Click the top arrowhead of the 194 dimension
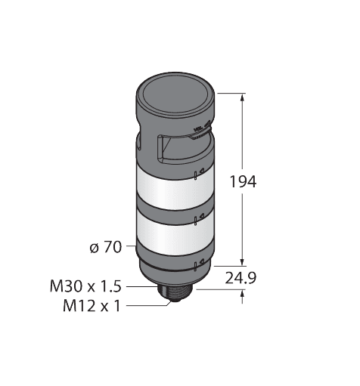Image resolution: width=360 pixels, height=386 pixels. tap(242, 97)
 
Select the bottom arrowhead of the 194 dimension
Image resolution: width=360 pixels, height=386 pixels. tap(242, 263)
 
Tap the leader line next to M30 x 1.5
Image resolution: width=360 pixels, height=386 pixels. tap(141, 287)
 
